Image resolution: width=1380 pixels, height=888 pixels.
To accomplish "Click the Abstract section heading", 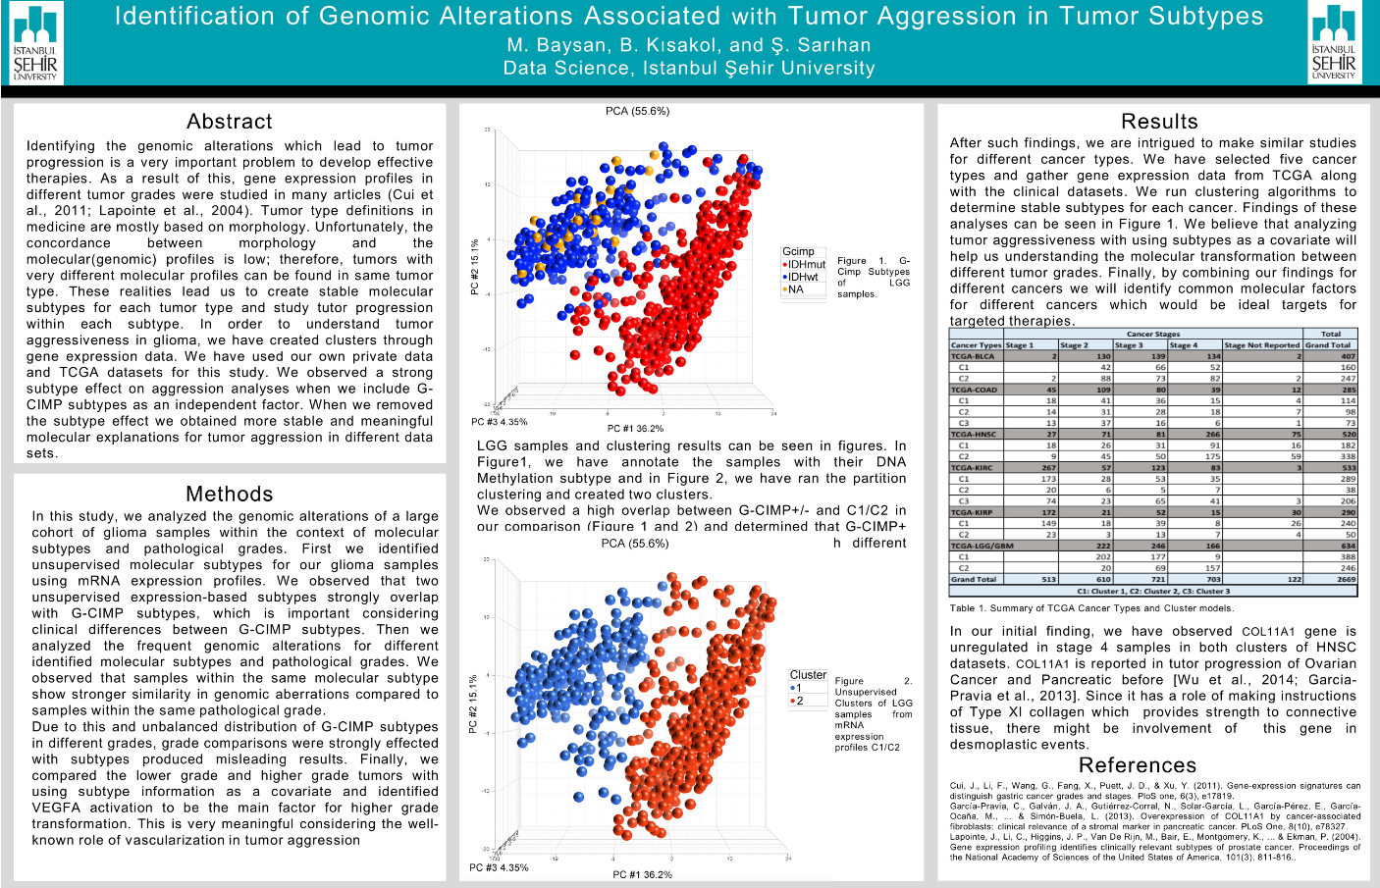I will [x=230, y=122].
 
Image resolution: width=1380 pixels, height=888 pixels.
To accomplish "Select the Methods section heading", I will [x=230, y=495].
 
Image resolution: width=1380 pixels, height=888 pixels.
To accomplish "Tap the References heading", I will [x=1137, y=765].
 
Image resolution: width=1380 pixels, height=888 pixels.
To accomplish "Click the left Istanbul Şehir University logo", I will [x=35, y=42].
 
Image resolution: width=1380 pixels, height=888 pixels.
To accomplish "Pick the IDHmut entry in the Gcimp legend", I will [x=805, y=265].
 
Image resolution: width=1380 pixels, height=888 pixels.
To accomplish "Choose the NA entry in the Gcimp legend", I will [x=795, y=289].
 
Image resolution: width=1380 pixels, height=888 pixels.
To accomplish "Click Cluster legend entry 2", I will [x=798, y=701].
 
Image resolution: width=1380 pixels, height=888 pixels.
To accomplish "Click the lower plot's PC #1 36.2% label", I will [x=642, y=874].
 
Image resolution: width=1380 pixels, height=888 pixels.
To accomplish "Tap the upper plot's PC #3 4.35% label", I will [x=499, y=422].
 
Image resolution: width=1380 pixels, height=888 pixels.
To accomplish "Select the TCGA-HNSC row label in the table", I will [x=973, y=434].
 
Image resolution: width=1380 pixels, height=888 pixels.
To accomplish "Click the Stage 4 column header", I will [x=1184, y=345].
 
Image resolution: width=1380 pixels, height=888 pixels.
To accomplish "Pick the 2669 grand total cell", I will [x=1346, y=579].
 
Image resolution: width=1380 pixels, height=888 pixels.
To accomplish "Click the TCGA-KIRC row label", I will [x=972, y=467].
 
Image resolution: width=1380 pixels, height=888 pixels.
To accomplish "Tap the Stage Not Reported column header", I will [x=1261, y=345].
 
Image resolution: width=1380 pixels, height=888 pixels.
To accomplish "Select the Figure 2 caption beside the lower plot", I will [x=873, y=713].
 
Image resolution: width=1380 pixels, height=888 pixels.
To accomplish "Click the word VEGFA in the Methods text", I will [x=56, y=808].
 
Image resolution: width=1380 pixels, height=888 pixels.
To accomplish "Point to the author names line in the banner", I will [x=688, y=45].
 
